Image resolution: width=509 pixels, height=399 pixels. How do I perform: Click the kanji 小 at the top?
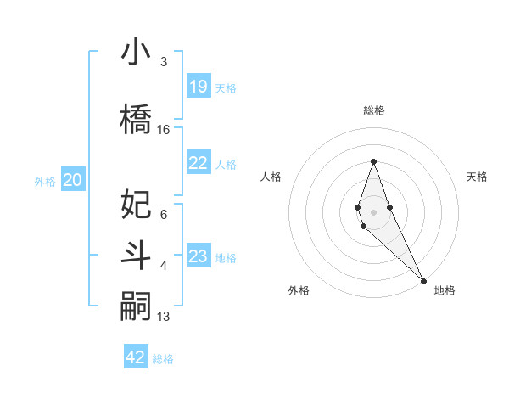(137, 52)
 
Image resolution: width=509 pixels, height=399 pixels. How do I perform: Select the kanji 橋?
(137, 118)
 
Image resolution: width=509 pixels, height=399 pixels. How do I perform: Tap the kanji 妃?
(137, 204)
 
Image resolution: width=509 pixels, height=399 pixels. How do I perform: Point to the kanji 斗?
(137, 256)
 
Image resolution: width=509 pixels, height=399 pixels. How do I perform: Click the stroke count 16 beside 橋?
(164, 130)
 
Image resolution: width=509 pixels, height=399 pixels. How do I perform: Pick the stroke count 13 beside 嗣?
(164, 317)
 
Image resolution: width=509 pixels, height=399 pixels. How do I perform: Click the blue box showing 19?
(199, 87)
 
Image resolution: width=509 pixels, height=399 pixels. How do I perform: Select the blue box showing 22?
(199, 163)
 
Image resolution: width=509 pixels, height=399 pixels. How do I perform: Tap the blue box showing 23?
(199, 256)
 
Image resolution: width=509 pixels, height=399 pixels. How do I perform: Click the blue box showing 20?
(73, 180)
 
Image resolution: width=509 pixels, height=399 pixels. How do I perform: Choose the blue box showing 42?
(136, 357)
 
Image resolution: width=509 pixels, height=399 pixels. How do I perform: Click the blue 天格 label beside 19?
(226, 87)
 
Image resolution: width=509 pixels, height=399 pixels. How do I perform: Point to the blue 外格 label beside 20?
(45, 181)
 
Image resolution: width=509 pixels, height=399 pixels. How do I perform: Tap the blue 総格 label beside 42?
(163, 358)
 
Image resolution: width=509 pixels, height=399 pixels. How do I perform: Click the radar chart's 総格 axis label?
(373, 110)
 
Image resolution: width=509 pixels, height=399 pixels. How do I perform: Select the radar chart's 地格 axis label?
(445, 290)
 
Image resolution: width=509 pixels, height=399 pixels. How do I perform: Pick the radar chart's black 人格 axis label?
(271, 177)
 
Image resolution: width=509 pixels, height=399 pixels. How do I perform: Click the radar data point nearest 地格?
(423, 280)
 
